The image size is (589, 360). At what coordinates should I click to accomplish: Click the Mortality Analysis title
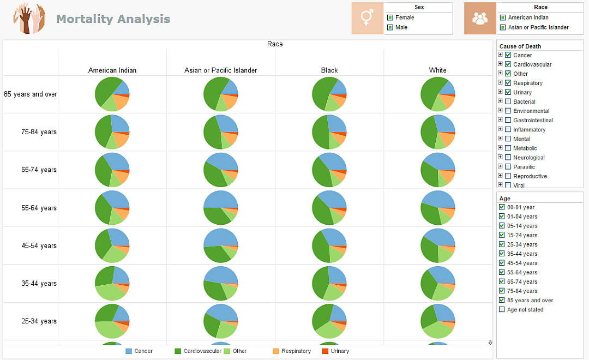[x=113, y=19]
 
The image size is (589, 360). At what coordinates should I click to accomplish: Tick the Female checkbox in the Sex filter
[x=390, y=17]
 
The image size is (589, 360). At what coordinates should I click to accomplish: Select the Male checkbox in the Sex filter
[x=390, y=27]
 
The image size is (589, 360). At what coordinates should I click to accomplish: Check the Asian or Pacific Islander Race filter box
[x=502, y=27]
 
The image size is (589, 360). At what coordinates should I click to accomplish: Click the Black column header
[x=329, y=70]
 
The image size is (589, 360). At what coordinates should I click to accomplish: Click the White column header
[x=437, y=70]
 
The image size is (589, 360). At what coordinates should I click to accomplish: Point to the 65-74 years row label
[x=39, y=170]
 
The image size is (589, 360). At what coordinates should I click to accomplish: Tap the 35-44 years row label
[x=39, y=284]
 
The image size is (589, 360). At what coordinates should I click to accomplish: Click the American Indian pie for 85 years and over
[x=112, y=94]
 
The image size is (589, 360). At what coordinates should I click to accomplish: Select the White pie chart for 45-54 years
[x=438, y=245]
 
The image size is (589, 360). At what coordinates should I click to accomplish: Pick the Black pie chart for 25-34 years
[x=329, y=321]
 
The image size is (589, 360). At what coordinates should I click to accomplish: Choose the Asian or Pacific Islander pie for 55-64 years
[x=221, y=207]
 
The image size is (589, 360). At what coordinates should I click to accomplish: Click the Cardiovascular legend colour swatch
[x=178, y=351]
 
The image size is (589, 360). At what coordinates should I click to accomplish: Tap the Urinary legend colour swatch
[x=326, y=351]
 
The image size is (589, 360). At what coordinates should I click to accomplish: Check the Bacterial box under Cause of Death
[x=508, y=102]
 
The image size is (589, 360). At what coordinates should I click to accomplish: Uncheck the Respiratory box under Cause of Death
[x=508, y=83]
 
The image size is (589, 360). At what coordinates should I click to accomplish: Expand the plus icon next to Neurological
[x=500, y=157]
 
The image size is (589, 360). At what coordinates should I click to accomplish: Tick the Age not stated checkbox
[x=502, y=310]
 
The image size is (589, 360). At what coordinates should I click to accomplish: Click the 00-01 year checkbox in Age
[x=502, y=207]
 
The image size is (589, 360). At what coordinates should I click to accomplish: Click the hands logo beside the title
[x=29, y=19]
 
